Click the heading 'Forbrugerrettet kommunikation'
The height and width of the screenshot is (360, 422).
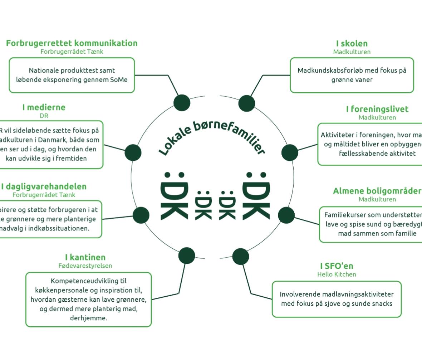coord(72,43)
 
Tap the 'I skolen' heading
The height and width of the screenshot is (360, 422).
coord(352,44)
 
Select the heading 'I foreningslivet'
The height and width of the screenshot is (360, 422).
coord(377,109)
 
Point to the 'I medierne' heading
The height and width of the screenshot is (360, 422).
coord(44,107)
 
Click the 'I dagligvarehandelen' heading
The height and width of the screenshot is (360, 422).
coord(44,186)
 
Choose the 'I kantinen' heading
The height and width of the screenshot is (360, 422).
coord(85,257)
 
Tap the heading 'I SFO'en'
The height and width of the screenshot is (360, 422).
coord(337,266)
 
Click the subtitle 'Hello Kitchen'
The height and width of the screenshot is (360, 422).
coord(337,274)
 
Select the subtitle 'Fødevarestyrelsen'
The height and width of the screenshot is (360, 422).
coord(85,266)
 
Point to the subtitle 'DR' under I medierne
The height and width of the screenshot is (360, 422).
coord(44,116)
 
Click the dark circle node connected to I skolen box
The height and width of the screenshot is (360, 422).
coord(246,103)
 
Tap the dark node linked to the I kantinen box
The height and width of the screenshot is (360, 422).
coord(186,256)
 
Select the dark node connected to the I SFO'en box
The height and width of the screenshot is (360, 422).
coord(240,256)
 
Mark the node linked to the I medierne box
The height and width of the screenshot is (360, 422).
coord(133,153)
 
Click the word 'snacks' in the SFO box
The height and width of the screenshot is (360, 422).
coord(382,304)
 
